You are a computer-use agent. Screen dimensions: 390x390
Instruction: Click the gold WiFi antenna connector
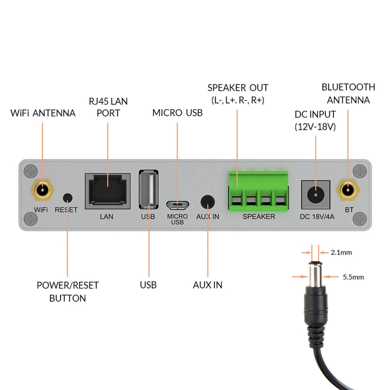point(41,191)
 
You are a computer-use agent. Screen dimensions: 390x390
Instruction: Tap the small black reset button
point(67,197)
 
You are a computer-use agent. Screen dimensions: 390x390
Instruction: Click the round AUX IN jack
point(208,201)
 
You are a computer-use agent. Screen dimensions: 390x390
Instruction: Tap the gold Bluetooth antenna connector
point(347,191)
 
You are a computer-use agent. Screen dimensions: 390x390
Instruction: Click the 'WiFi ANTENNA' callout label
point(43,113)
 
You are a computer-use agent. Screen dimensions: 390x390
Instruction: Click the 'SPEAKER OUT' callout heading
point(238,88)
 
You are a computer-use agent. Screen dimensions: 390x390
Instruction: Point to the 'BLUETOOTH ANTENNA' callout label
point(348,94)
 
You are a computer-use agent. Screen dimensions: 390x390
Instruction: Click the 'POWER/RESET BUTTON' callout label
point(67,292)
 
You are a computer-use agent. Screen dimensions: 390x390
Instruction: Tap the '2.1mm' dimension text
point(341,253)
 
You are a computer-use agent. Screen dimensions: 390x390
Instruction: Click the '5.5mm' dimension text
point(353,277)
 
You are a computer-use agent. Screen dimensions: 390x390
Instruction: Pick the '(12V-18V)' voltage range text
point(315,127)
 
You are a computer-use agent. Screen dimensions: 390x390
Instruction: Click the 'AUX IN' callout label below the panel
point(208,285)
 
